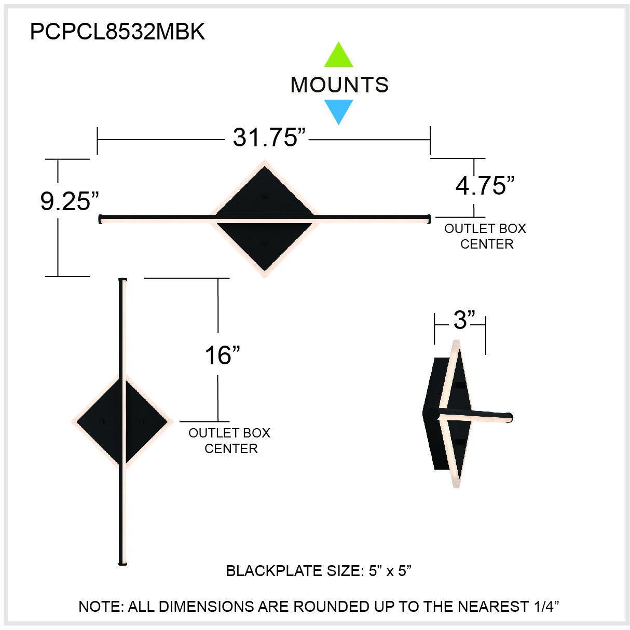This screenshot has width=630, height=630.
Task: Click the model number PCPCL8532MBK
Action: (x=117, y=32)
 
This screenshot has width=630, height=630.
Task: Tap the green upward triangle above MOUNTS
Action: (x=338, y=56)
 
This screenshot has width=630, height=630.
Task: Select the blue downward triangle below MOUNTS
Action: (x=338, y=111)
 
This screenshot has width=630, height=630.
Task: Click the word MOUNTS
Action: (x=339, y=85)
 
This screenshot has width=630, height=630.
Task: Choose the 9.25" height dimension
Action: (x=70, y=201)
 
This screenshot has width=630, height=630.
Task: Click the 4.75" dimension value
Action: (x=485, y=186)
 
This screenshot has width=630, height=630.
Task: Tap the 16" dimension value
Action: (x=222, y=355)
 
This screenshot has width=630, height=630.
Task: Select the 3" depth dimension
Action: (x=464, y=320)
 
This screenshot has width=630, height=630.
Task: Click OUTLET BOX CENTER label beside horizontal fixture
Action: (x=485, y=236)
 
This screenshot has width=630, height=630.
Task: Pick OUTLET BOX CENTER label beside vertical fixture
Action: (x=229, y=441)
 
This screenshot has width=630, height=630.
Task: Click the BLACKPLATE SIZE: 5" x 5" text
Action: (x=319, y=571)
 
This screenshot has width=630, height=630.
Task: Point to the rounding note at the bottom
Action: (x=319, y=606)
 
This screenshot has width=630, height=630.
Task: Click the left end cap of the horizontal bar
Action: (x=100, y=219)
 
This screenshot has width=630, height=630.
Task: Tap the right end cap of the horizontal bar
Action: (x=429, y=218)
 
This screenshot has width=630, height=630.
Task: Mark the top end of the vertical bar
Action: (x=122, y=280)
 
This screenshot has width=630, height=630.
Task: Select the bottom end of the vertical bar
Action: (x=122, y=563)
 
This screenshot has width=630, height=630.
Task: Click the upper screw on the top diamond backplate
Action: (x=265, y=197)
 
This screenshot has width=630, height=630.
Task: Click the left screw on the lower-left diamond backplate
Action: (x=104, y=421)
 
